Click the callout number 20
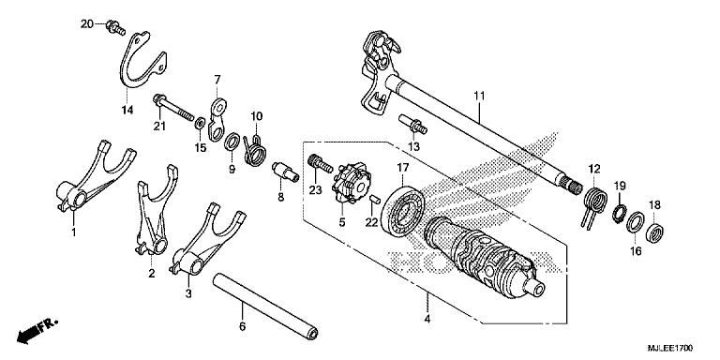pos(86,22)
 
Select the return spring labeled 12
pos(593,202)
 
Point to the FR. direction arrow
pos(38,329)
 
